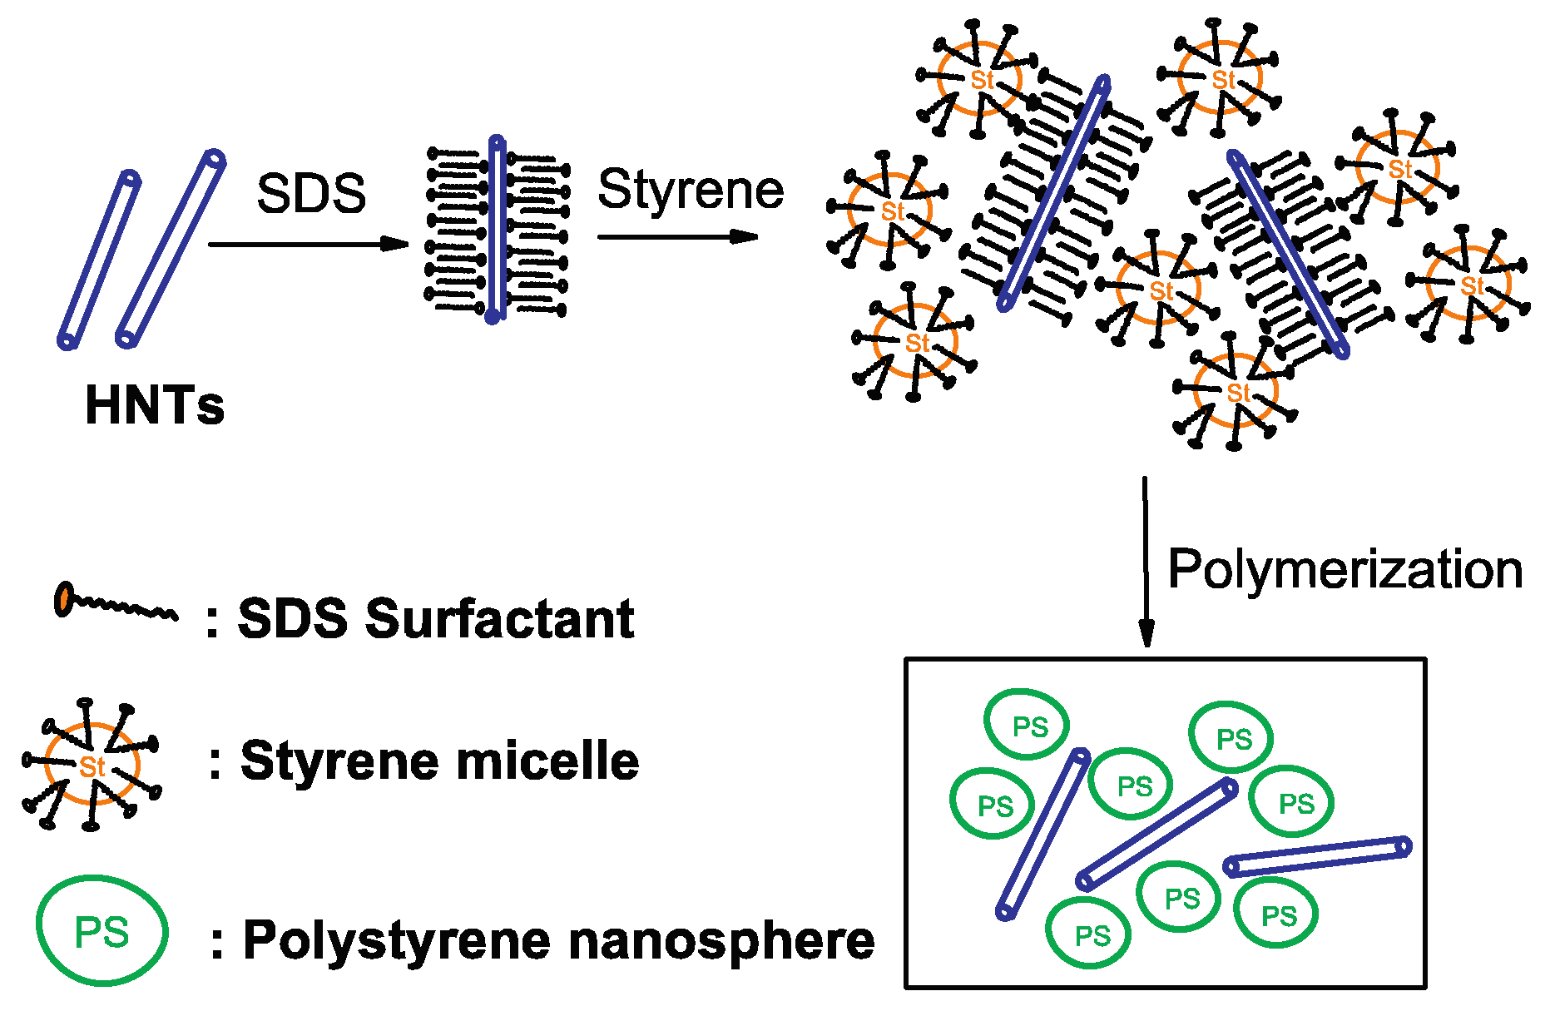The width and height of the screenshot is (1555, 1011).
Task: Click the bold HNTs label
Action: pos(155,405)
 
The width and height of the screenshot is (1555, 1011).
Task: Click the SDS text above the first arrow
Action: pos(311,194)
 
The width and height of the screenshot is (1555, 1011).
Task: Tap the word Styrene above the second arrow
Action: pos(691,190)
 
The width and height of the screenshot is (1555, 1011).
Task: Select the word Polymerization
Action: pos(1345,570)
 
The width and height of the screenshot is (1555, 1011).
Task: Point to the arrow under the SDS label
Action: pos(308,244)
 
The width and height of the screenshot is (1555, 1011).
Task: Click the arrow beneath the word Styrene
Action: pos(677,237)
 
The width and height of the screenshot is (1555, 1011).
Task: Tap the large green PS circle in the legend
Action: pos(102,930)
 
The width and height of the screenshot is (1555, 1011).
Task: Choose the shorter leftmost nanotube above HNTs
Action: pos(99,259)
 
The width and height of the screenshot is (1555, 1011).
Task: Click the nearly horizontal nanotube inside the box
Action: pos(1317,856)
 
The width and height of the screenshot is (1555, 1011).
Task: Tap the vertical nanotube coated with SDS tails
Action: pos(497,229)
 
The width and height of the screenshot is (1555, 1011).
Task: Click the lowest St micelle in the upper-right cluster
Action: pos(1236,391)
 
